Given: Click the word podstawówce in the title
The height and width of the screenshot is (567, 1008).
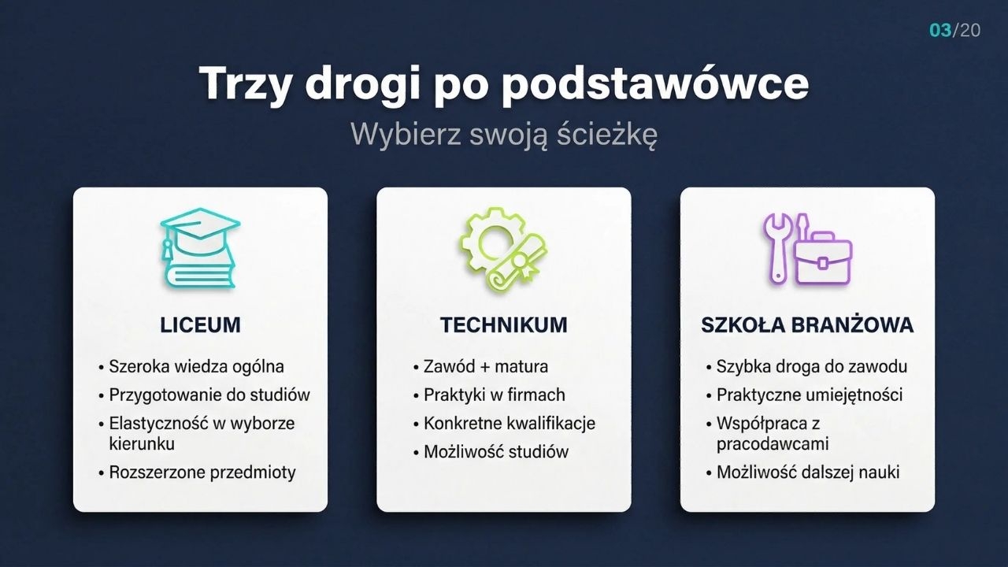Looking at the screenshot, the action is [655, 84].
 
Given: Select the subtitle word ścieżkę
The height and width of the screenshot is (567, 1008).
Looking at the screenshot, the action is [607, 134].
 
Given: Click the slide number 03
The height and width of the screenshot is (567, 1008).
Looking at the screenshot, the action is [940, 30].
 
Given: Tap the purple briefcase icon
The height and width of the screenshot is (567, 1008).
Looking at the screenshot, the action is [823, 258].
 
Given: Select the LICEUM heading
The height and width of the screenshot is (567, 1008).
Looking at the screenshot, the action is [200, 325].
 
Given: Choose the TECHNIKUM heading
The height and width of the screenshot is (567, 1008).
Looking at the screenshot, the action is [504, 325].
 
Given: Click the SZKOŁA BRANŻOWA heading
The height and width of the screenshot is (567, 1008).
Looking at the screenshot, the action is [807, 325].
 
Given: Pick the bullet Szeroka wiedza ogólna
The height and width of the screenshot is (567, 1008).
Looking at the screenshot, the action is [196, 366].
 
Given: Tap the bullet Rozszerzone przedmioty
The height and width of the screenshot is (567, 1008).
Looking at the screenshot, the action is [202, 472].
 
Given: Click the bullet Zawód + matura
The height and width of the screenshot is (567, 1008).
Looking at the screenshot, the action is [486, 366].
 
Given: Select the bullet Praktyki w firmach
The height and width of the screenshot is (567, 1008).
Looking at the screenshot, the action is [494, 395].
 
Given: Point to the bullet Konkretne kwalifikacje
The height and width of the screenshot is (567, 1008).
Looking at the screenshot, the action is [510, 424].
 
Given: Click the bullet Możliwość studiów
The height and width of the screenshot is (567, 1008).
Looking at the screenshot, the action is [496, 451].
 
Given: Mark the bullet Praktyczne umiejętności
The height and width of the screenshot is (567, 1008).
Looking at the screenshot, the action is [810, 395].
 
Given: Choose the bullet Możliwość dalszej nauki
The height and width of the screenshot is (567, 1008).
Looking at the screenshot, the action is [808, 472].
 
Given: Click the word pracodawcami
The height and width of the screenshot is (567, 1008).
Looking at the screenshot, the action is [773, 443].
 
